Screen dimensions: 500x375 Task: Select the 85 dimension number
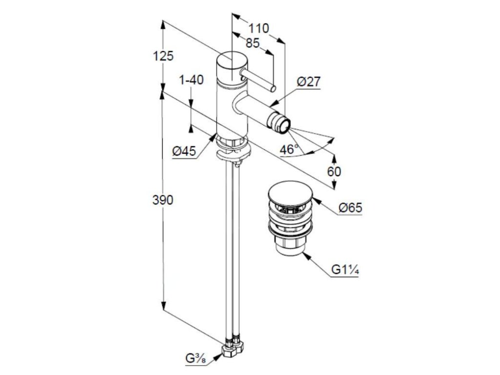[252, 43]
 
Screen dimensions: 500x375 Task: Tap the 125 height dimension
[163, 56]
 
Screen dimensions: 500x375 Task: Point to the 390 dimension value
[163, 200]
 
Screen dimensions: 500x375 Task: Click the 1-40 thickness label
[191, 80]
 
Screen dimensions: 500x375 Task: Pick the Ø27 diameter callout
[309, 82]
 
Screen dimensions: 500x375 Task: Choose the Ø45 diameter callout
[184, 151]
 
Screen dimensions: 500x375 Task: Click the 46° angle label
[289, 149]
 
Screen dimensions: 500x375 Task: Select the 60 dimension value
[334, 171]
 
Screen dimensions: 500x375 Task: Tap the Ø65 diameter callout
[350, 208]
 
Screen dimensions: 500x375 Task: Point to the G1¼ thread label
[345, 270]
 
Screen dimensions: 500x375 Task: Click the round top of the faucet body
[232, 61]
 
